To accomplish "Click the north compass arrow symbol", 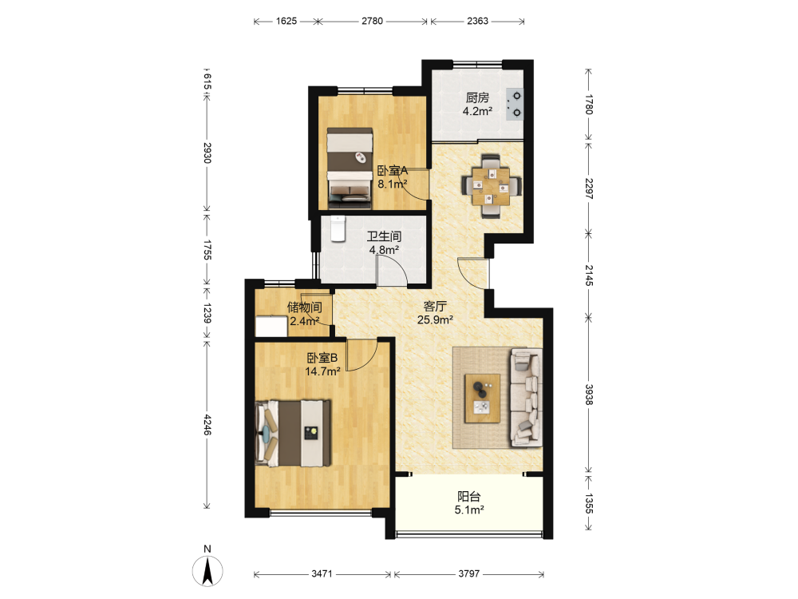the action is (x=207, y=571).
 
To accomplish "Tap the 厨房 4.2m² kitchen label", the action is (x=477, y=105).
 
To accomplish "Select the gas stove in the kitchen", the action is (x=515, y=105).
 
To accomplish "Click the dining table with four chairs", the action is (x=491, y=186).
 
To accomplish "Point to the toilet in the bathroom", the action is (x=338, y=228).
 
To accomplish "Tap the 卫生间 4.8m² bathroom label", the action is (x=385, y=243).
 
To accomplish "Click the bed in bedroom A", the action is (x=350, y=168).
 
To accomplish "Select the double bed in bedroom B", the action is (x=293, y=434).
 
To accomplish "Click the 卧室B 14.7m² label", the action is (x=322, y=365).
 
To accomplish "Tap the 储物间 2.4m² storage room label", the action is (x=304, y=314).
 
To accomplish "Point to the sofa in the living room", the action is (x=526, y=397).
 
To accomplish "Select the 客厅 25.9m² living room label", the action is (x=435, y=313).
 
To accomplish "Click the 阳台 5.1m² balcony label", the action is (x=468, y=503).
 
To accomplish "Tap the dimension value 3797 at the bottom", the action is (x=468, y=574).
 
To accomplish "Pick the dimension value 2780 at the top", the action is (x=372, y=21).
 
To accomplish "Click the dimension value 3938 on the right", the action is (x=589, y=395).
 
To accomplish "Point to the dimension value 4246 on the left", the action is (x=207, y=424).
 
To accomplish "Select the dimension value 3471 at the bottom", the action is (x=322, y=574).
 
